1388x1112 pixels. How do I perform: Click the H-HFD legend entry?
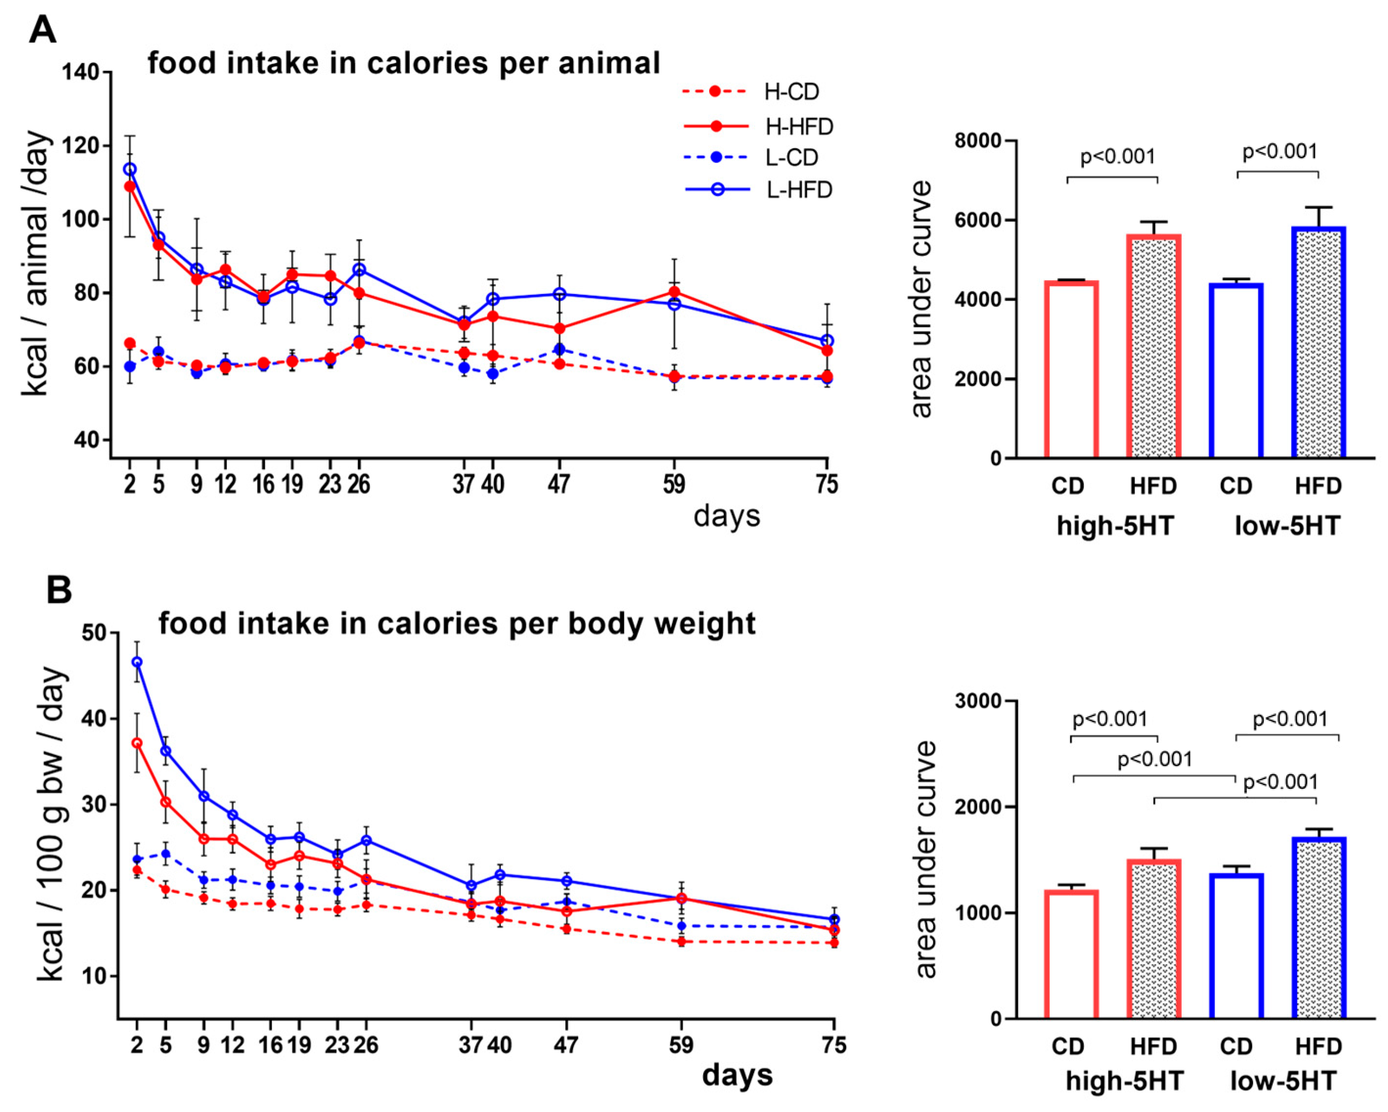(x=798, y=127)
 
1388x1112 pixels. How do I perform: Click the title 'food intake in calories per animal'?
(x=403, y=63)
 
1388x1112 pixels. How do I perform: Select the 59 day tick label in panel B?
(x=680, y=1045)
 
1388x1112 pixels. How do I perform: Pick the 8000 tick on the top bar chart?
(x=978, y=141)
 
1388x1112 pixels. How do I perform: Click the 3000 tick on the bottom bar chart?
(x=978, y=701)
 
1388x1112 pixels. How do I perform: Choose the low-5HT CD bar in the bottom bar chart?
(x=1236, y=946)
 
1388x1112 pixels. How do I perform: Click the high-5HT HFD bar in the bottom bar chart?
(x=1154, y=939)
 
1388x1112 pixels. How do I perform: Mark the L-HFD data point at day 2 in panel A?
(x=130, y=169)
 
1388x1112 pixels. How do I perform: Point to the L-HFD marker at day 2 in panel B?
(x=137, y=662)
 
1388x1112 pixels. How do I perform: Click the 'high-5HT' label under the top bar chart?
(x=1115, y=526)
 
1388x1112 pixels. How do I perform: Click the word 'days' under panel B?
(x=737, y=1075)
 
